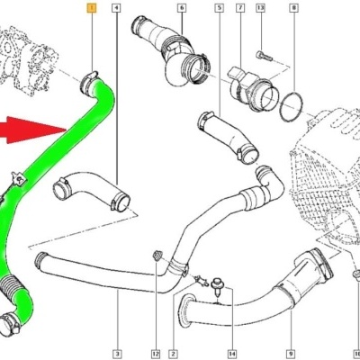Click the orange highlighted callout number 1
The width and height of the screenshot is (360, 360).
pos(92,8)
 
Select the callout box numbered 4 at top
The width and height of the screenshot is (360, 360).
pos(116,8)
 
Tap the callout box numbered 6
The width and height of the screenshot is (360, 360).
pos(182,8)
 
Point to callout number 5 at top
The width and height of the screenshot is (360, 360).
pos(220,8)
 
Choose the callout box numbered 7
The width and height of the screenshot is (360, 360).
pos(240,8)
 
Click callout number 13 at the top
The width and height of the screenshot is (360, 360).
pos(261,8)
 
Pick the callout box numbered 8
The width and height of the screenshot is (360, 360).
pos(293,8)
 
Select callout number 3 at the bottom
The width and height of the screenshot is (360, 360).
pos(117,354)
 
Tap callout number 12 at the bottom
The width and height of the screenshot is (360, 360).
pos(156,354)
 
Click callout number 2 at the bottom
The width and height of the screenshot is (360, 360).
pos(174,354)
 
